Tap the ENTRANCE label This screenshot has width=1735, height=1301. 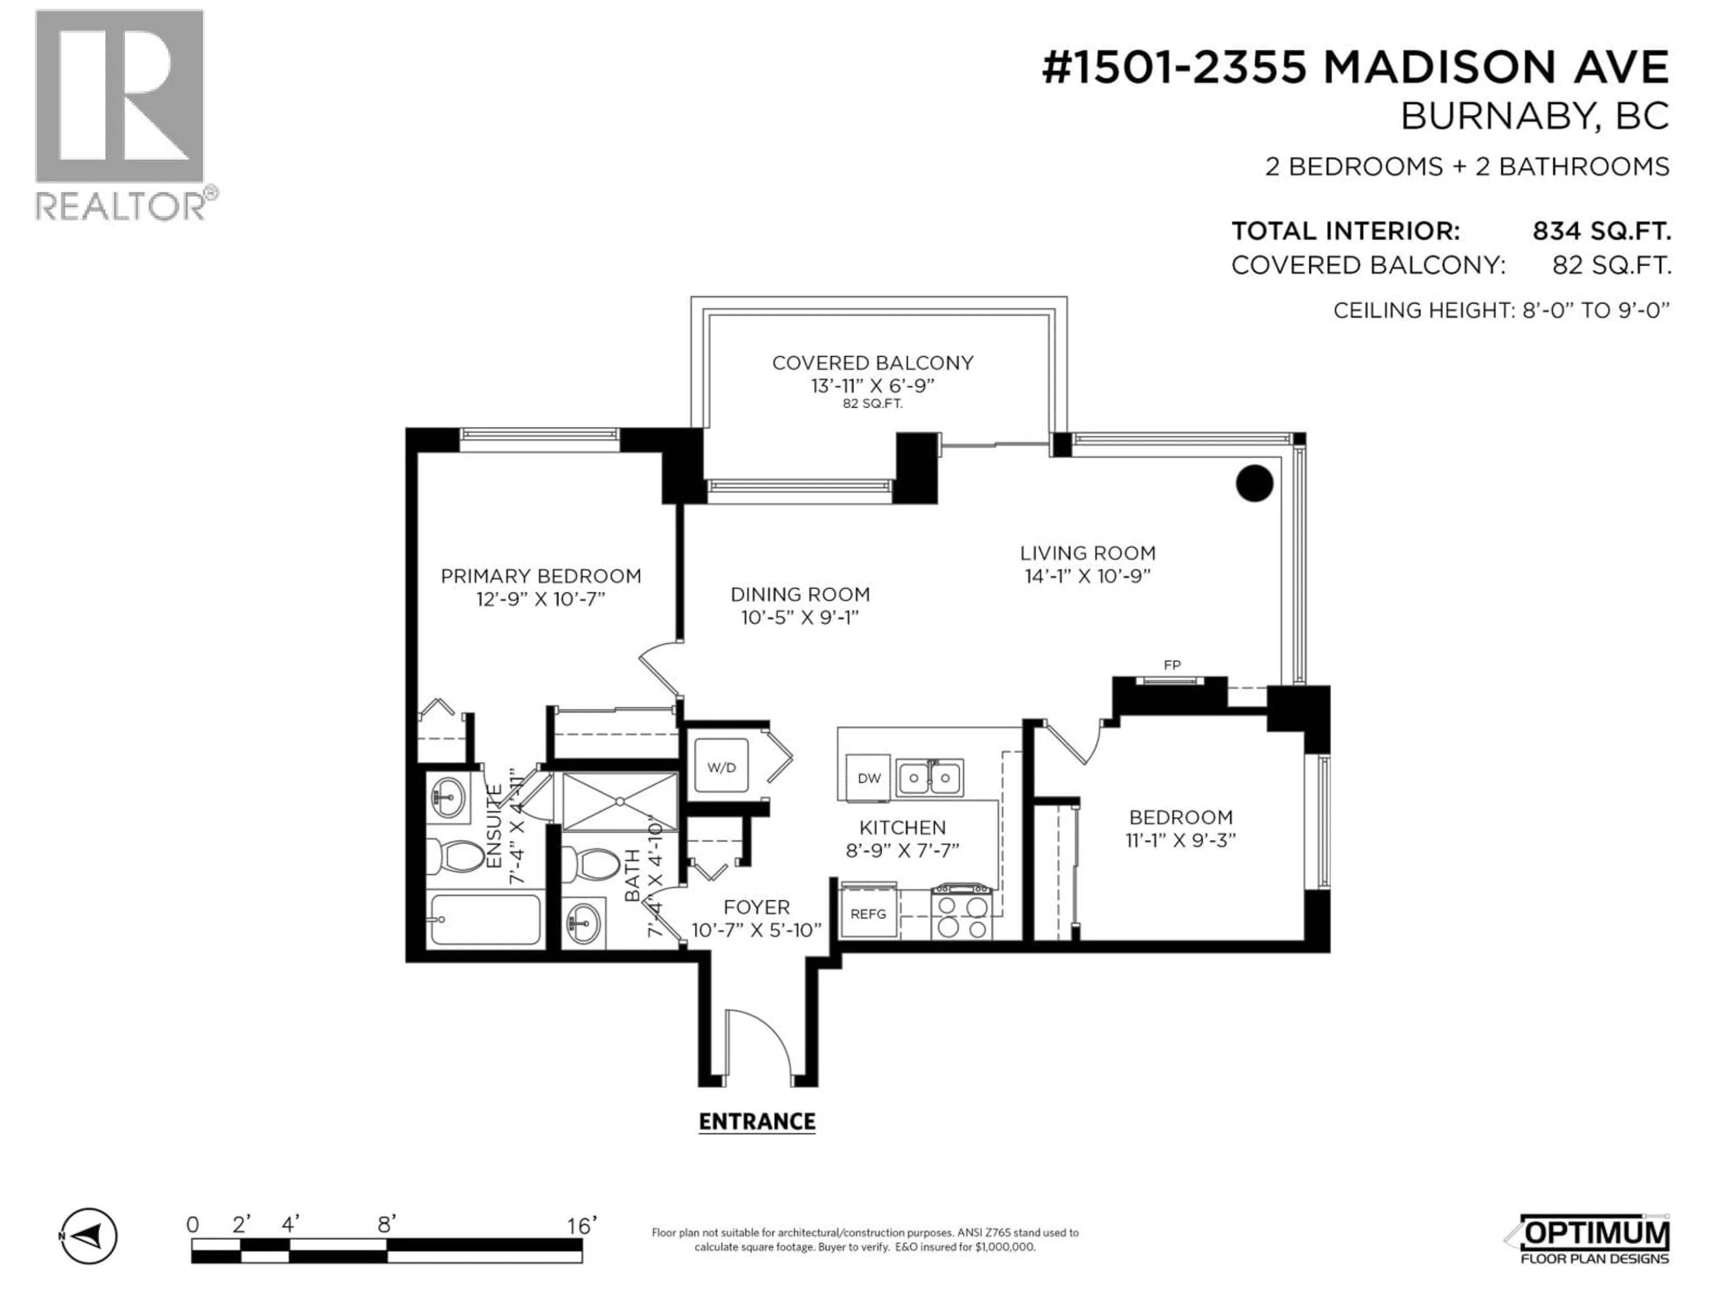pos(757,1121)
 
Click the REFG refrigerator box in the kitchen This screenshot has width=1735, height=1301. pos(868,913)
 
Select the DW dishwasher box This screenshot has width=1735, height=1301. pos(869,778)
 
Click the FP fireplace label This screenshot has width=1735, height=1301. pos(1172,665)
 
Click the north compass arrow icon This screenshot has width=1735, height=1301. pos(89,1236)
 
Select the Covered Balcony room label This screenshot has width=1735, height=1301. pos(872,363)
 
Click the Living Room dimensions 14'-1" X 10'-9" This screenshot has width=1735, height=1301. pos(1087,576)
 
